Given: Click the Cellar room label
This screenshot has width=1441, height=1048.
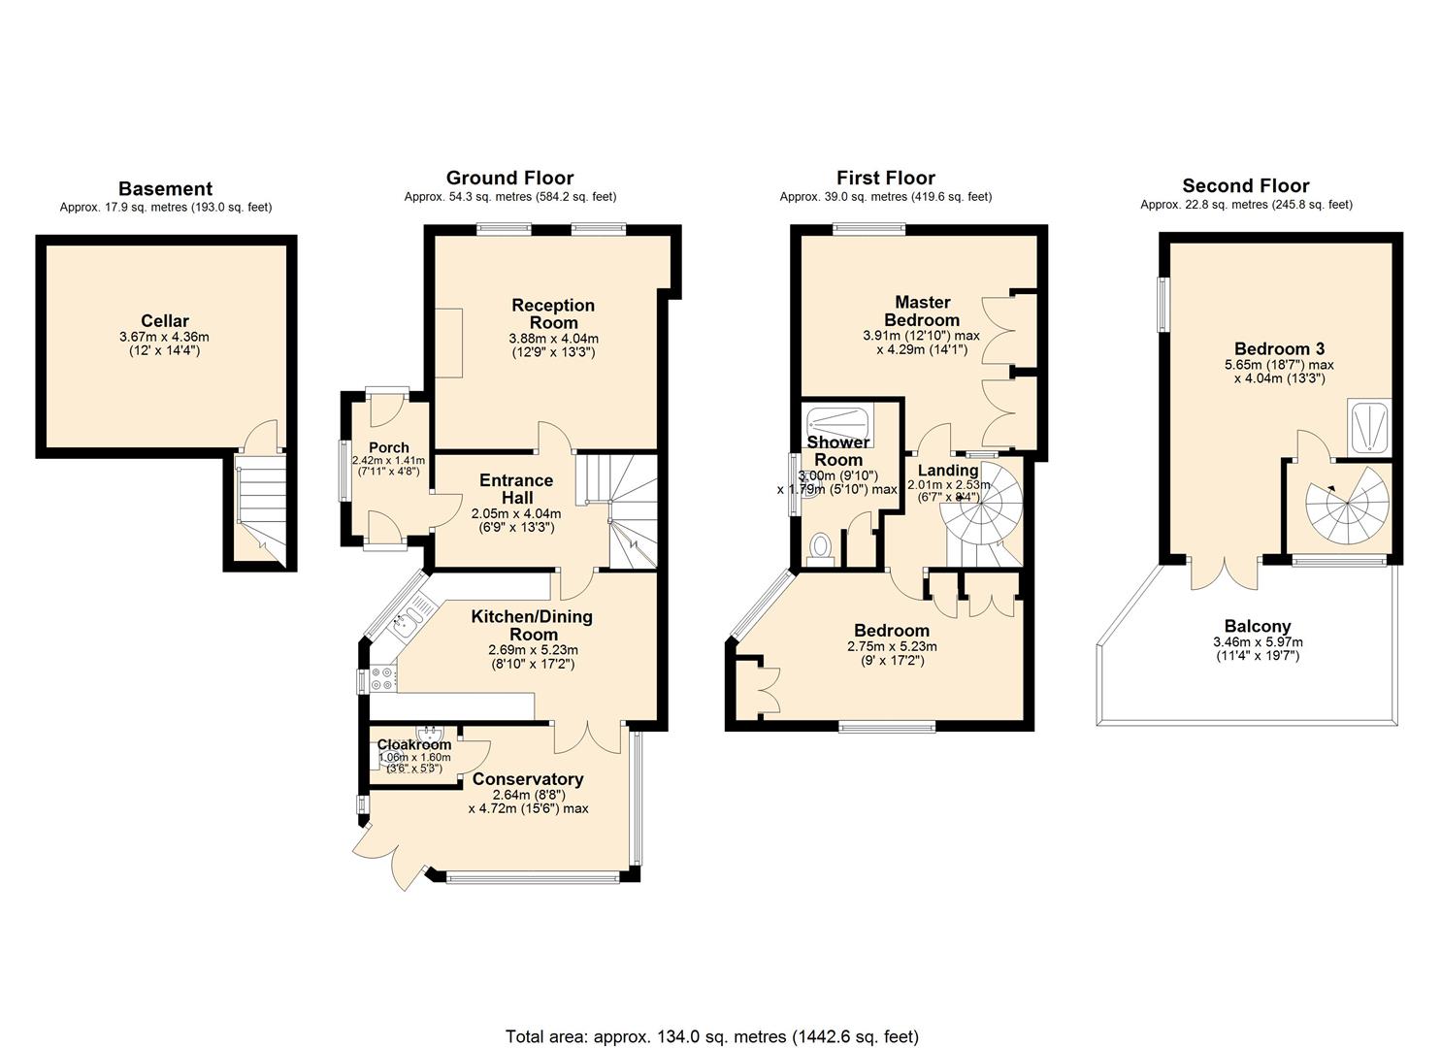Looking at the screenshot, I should pos(164,321).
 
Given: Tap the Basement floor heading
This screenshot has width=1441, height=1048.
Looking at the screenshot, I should pos(165,189).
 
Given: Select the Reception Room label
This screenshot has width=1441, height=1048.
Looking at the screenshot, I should pos(553,313).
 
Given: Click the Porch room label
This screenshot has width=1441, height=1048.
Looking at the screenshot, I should pos(387,447).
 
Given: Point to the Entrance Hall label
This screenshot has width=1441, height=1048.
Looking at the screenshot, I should pos(516,488).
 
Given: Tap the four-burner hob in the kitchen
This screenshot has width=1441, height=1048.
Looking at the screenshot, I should pos(382,678).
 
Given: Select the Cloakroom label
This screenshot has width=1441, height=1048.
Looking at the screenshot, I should pos(414,744).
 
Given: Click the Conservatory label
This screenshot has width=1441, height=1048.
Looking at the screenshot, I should pos(528,779).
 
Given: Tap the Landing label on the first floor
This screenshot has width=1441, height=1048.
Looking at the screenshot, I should pos(948,471).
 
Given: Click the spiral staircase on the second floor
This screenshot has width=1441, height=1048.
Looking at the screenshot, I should pos(1347,507).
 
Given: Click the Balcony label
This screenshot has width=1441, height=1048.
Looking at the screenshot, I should pos(1258,627).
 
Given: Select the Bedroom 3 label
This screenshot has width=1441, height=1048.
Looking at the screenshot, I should pos(1279,348).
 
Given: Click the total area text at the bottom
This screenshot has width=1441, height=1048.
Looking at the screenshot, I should pos(711,1036).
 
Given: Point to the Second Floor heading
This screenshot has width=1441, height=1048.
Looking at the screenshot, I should pos(1246,186).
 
